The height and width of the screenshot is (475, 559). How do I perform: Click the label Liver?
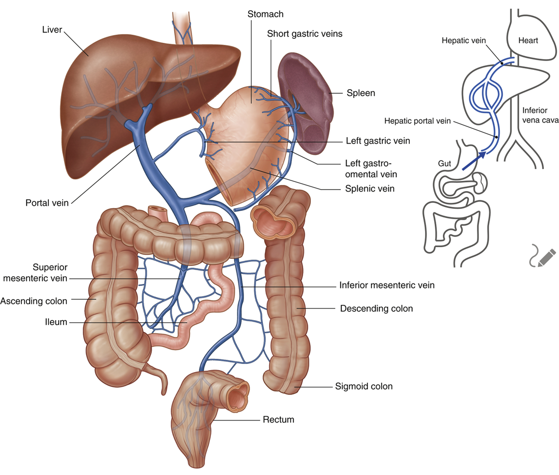(51, 30)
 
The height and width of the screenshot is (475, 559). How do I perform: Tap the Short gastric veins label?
(305, 34)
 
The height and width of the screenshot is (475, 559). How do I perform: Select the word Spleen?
(360, 93)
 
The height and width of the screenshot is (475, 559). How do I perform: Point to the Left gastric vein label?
(378, 140)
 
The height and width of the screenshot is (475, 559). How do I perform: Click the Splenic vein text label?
(369, 189)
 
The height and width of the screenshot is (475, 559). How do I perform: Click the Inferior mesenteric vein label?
(387, 285)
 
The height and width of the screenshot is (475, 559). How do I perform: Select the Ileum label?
(56, 322)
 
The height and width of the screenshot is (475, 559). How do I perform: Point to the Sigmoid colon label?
(363, 386)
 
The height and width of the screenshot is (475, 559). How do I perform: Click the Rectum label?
(278, 420)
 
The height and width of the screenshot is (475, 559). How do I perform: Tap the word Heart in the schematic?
(527, 40)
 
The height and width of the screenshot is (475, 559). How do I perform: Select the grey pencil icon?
(541, 256)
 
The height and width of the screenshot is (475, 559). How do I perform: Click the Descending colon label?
(376, 308)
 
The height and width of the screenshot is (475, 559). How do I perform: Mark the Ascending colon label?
(34, 301)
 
